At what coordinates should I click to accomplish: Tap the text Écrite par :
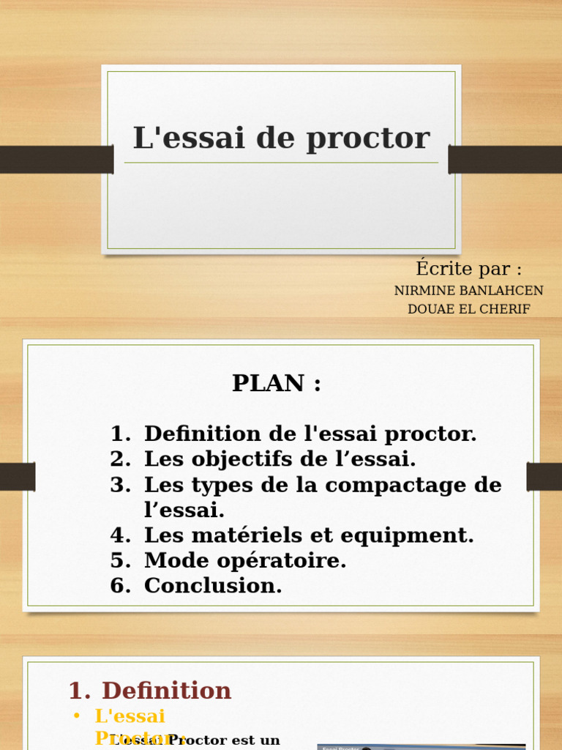(468, 269)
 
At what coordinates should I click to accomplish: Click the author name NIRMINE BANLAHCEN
(468, 291)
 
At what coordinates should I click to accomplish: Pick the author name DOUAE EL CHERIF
(468, 309)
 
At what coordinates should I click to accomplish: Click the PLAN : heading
(277, 383)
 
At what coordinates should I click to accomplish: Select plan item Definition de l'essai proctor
(310, 434)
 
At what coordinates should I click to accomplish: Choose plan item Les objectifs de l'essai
(280, 459)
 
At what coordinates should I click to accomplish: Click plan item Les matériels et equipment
(309, 535)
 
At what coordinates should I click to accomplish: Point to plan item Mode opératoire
(245, 560)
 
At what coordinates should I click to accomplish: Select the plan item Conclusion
(213, 586)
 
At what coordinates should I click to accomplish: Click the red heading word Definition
(166, 691)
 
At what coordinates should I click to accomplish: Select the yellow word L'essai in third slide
(130, 716)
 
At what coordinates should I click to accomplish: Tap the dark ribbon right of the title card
(505, 160)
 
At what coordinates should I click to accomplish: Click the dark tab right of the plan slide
(544, 477)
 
